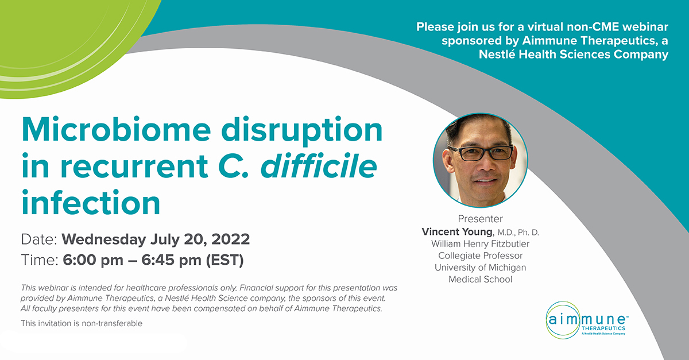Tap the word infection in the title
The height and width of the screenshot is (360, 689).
coord(90,202)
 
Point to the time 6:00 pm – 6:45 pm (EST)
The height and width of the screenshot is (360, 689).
coord(153,260)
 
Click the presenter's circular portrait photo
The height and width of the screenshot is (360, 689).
coord(480,159)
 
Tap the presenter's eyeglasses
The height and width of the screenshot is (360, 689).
coord(481,153)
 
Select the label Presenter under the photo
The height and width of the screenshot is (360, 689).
coord(480,219)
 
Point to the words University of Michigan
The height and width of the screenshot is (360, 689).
coord(480,268)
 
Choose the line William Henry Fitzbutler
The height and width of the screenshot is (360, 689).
coord(480,243)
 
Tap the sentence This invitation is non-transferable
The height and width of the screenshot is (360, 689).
coord(81,323)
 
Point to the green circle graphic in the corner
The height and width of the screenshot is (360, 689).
coord(63,34)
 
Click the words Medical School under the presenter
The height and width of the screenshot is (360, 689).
coord(480,280)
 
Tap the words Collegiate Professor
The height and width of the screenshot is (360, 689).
coord(480,256)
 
